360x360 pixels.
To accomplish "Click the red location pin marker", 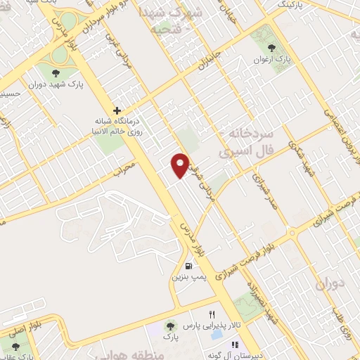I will pos(181,165).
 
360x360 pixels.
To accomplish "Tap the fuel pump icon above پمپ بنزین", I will pos(188,266).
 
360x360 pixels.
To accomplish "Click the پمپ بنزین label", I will pos(188,278).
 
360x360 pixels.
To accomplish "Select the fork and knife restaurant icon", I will pos(212,314).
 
